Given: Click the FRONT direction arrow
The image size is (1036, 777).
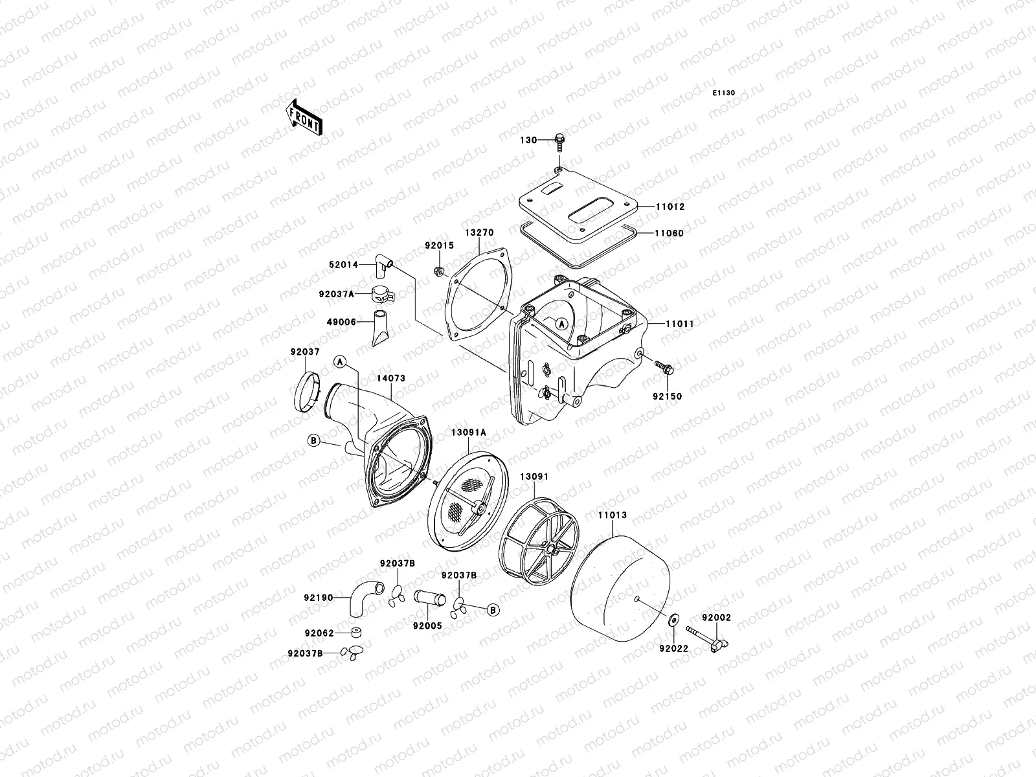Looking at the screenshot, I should pos(304,117).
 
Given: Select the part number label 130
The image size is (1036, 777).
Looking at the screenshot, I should pos(529,140).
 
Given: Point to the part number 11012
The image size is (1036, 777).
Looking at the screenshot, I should pos(670,207).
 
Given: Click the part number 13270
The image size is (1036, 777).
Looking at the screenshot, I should pos(479,232).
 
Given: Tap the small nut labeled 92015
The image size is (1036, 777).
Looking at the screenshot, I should pos(438,270).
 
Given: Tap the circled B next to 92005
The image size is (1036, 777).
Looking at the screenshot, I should pos(493,609).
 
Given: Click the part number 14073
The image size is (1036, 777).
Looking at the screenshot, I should pos(391,376).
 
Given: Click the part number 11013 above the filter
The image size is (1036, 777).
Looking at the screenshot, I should pos(612,515).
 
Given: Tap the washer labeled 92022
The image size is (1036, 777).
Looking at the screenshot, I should pos(672,620).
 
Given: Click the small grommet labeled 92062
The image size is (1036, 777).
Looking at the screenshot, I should pos(355,633).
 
